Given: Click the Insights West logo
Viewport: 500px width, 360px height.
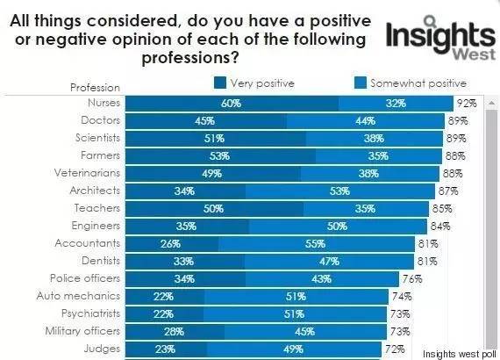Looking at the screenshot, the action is click(440, 39).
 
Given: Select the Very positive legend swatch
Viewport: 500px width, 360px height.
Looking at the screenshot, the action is click(220, 83).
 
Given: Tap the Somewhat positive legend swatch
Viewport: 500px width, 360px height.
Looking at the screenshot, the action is click(361, 83).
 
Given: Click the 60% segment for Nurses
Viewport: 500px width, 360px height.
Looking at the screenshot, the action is click(232, 104).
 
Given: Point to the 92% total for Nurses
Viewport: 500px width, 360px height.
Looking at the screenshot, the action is click(467, 104).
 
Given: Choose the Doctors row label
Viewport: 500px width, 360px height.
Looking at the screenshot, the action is click(101, 120).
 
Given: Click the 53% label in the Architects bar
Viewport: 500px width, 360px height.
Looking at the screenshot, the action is click(340, 191).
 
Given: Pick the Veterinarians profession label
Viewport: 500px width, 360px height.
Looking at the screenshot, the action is click(87, 173).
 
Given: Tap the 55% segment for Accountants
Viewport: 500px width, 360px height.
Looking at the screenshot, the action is click(317, 244).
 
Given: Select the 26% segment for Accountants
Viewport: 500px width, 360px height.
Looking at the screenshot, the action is click(172, 244).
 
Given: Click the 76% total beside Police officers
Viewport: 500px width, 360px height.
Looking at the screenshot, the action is click(412, 279).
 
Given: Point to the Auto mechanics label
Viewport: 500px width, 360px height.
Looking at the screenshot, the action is click(78, 296).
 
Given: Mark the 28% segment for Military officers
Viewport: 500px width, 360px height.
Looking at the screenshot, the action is click(175, 332).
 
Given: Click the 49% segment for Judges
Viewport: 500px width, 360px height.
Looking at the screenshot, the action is click(294, 349).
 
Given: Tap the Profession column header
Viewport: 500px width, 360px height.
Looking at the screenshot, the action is click(95, 88).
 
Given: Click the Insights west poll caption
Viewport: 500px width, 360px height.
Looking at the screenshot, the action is click(460, 354).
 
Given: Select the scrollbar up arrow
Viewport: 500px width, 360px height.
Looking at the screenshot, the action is click(492, 103).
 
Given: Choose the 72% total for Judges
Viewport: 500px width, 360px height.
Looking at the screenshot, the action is click(395, 349).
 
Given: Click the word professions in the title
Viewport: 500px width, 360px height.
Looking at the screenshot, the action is click(190, 58).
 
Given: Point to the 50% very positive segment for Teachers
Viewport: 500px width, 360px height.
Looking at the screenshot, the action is click(214, 209).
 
